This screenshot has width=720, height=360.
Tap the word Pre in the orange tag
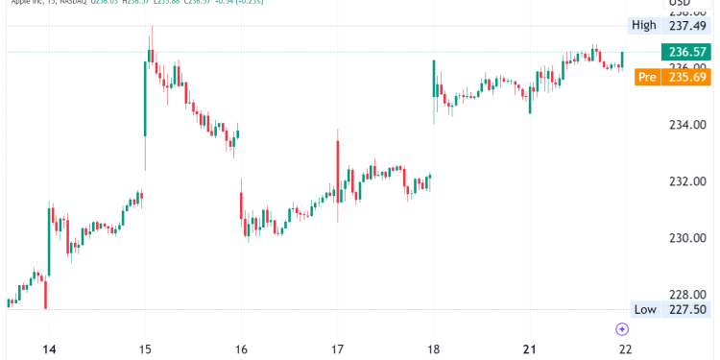point(647,77)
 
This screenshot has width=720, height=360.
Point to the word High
point(643,25)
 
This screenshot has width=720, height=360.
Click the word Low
point(644,309)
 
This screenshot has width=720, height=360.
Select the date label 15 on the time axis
point(145,349)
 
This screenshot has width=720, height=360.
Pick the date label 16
point(241,349)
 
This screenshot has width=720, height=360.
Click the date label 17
point(337,349)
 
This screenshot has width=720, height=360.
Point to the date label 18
point(434,349)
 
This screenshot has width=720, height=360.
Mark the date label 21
point(530,349)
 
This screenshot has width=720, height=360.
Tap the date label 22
point(626,349)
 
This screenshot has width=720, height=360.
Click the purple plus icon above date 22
point(622,328)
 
